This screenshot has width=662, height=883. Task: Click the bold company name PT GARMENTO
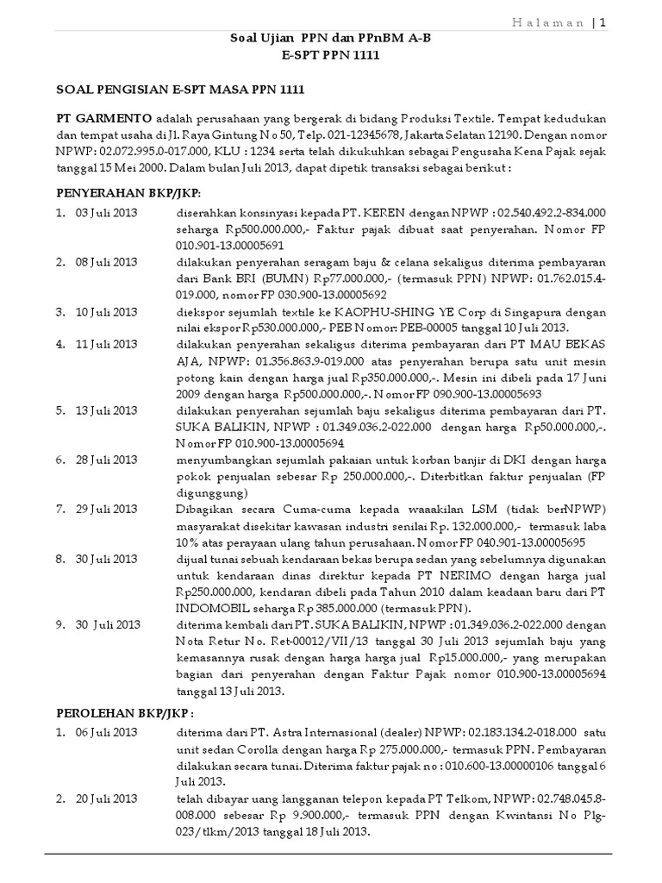[104, 117]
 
